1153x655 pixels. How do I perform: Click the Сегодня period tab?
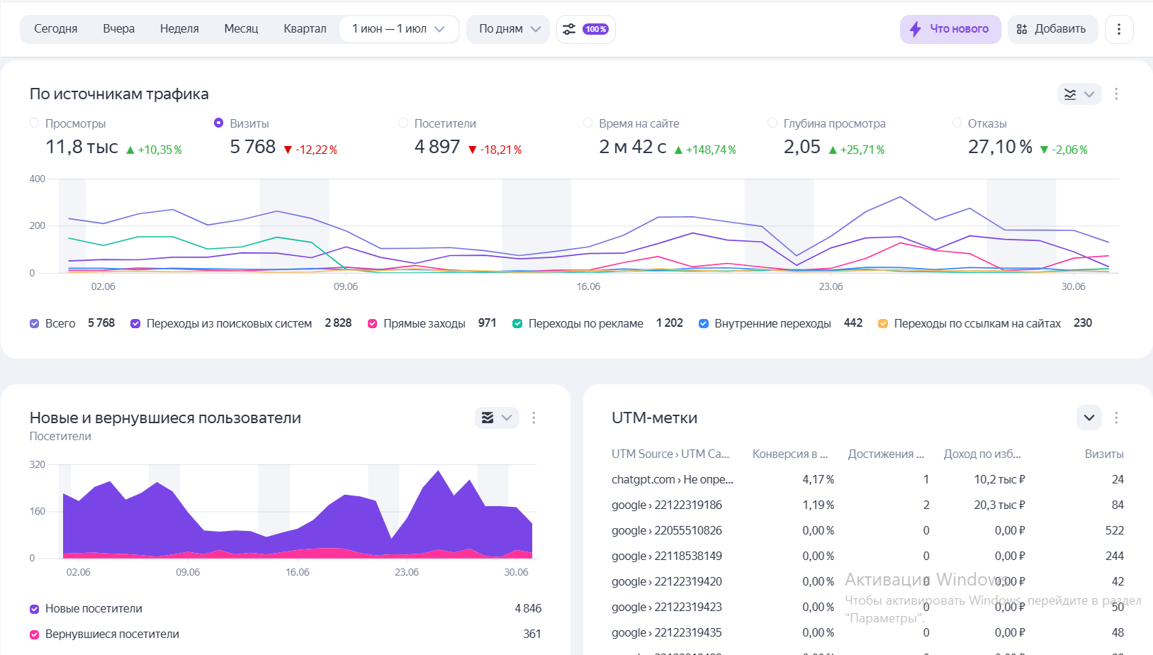[x=55, y=29]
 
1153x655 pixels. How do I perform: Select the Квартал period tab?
[x=305, y=29]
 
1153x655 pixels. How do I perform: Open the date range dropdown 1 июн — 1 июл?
[x=398, y=29]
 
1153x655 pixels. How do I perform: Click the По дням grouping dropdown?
[x=509, y=29]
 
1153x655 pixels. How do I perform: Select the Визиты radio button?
[x=219, y=123]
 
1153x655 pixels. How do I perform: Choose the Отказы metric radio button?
[x=957, y=123]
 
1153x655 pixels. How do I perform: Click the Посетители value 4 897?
[x=437, y=147]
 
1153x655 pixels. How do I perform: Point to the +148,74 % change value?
[x=711, y=150]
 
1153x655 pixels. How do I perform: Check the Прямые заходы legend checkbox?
[x=373, y=324]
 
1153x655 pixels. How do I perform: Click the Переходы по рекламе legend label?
[x=585, y=324]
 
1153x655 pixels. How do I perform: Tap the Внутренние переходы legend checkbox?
[x=704, y=324]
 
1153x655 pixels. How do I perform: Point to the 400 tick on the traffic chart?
[x=38, y=179]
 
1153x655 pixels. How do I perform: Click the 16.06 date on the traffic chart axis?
[x=588, y=286]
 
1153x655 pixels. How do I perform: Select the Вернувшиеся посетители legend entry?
[x=112, y=634]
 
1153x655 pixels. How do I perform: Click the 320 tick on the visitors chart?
[x=38, y=464]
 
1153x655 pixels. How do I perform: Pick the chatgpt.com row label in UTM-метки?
[x=672, y=480]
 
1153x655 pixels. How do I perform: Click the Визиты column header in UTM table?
[x=1103, y=454]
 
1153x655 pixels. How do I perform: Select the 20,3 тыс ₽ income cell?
[x=999, y=505]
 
